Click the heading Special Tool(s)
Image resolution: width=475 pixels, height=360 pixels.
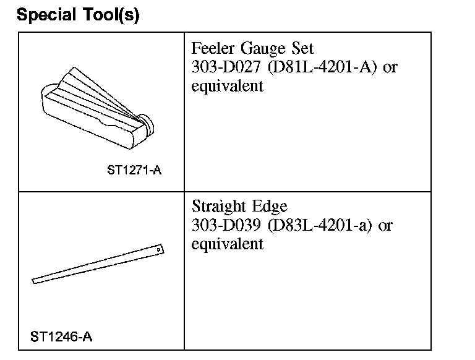coord(79,15)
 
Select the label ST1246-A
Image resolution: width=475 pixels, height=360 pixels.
coord(62,336)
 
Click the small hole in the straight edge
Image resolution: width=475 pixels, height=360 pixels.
coord(159,249)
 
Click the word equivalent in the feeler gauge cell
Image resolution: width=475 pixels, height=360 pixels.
coord(227,85)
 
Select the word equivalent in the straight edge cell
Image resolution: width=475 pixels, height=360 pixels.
coord(227,244)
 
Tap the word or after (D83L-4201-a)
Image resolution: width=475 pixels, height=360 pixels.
coord(385,226)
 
